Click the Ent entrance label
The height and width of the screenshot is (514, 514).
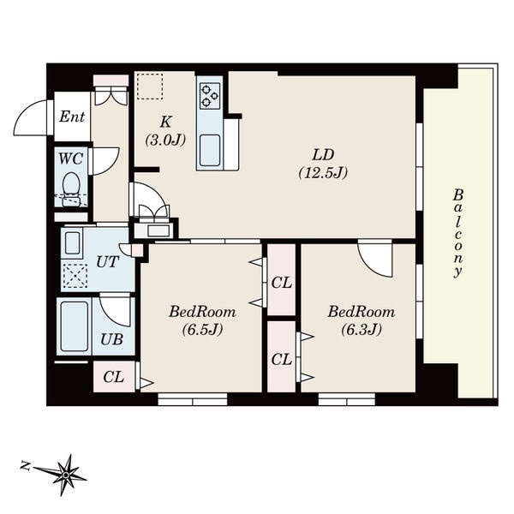tap(72, 117)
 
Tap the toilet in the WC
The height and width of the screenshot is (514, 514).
tap(71, 189)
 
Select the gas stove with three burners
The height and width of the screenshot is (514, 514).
tap(210, 96)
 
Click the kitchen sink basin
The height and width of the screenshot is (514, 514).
tap(210, 151)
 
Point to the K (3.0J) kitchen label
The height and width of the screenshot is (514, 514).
tap(165, 131)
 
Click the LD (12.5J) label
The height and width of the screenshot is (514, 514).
tap(323, 164)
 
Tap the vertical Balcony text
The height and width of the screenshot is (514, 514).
tap(457, 234)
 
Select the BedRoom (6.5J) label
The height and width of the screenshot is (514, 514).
tap(202, 320)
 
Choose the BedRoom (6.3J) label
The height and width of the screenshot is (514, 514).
tap(362, 320)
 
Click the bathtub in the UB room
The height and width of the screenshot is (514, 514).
tap(75, 326)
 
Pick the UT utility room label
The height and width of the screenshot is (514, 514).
tap(107, 262)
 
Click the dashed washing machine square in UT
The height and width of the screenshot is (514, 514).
tap(75, 276)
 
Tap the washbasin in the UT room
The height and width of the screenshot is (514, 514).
tap(73, 243)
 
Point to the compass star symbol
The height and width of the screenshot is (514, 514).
tap(66, 475)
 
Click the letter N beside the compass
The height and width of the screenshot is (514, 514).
tap(24, 465)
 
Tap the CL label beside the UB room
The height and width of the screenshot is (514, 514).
tap(113, 377)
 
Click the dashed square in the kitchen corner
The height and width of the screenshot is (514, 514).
tap(150, 87)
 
